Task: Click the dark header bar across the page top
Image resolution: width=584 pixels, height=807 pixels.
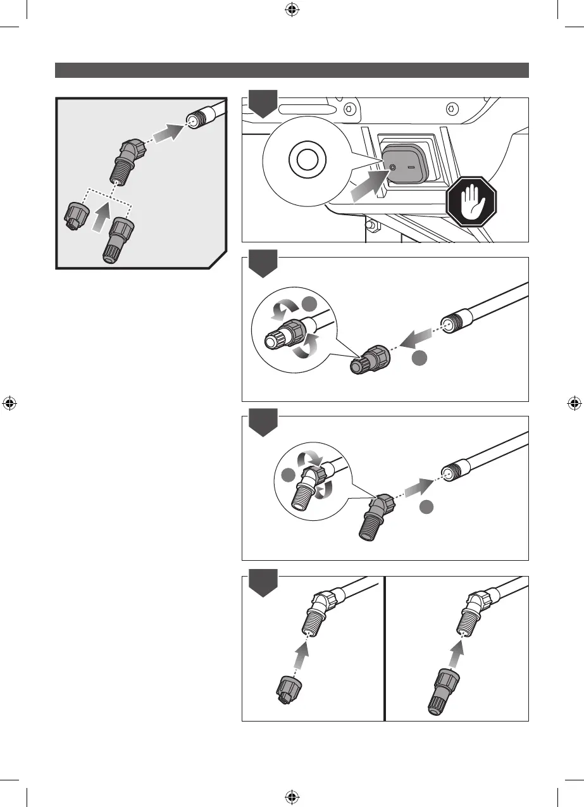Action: tap(292, 70)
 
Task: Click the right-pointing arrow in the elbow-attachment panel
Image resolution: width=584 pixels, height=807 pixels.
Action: tap(415, 489)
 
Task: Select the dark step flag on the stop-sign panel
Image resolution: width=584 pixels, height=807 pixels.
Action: tap(263, 104)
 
